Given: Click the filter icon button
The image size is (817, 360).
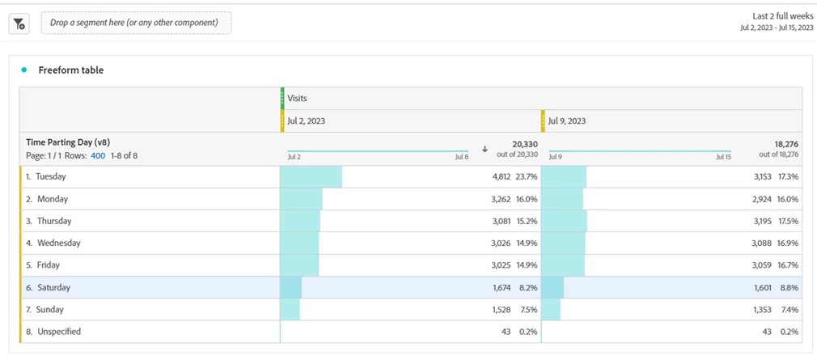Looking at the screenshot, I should [x=19, y=23].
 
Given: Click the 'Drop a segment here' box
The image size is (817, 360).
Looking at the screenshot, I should [x=134, y=23].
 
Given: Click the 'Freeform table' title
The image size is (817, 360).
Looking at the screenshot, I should [x=71, y=70].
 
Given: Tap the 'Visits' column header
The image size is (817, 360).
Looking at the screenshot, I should [x=297, y=98].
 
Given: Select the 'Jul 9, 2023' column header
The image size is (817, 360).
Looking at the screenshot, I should [x=567, y=121].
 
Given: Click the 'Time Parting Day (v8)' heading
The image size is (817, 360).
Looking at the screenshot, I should [x=68, y=142].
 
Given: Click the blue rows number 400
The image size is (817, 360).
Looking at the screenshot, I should [x=98, y=155].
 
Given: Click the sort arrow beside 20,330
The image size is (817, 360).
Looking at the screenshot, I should [x=485, y=149].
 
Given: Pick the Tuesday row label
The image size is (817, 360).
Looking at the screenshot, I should [x=51, y=176].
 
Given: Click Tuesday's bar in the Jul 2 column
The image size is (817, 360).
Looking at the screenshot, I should [x=311, y=176].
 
